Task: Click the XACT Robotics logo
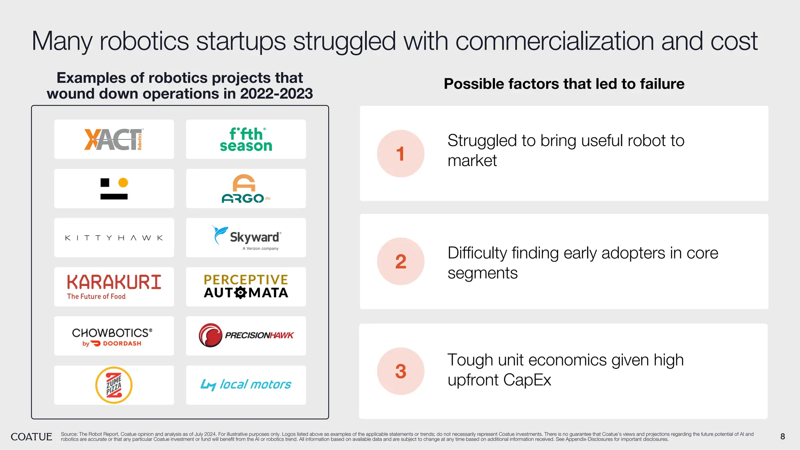tap(114, 139)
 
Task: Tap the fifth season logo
tap(246, 139)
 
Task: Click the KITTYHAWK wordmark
tap(114, 238)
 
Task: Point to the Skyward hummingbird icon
tap(219, 235)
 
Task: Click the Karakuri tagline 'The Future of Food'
tap(96, 296)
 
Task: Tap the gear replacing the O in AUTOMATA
tap(241, 293)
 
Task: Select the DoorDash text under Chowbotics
tap(121, 343)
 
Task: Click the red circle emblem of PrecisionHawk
tap(211, 335)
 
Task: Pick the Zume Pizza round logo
tap(114, 385)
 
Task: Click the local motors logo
tap(246, 385)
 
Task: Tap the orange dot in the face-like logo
tap(123, 182)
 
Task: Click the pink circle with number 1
tap(400, 154)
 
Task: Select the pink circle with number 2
tap(400, 261)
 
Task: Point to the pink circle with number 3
tap(400, 371)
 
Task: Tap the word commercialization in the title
tap(555, 41)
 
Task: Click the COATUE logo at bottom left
tap(31, 437)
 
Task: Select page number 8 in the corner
tap(782, 437)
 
